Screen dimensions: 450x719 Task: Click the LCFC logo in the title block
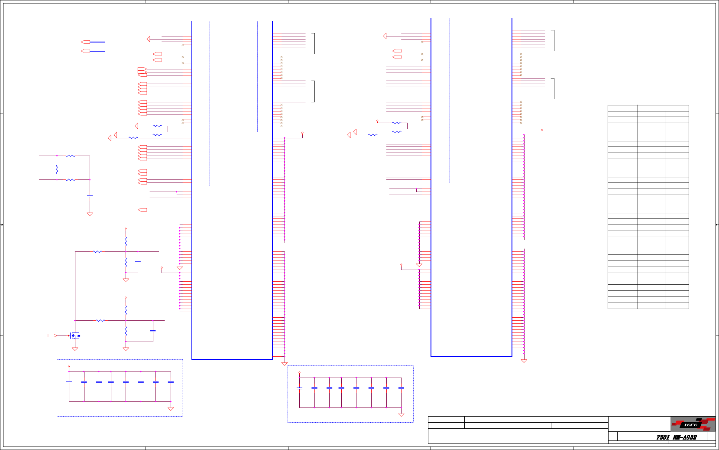pos(692,424)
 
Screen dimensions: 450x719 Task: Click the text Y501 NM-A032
pos(676,437)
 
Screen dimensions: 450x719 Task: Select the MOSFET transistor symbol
pos(75,336)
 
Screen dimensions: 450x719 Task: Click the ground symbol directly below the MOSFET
pos(75,349)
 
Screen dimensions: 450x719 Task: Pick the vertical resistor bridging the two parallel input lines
pos(57,168)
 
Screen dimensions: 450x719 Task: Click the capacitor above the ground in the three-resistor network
pos(90,196)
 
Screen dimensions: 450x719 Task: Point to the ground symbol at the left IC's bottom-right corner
pos(284,364)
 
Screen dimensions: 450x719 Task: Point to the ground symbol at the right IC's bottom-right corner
pos(524,361)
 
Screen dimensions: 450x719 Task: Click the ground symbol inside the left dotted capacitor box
pos(171,408)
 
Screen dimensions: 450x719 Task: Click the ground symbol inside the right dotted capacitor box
pos(401,414)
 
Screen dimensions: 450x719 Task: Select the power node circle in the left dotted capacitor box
pos(69,367)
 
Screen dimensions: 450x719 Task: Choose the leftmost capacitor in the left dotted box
pos(69,382)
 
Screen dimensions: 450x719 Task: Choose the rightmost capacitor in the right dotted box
pos(401,388)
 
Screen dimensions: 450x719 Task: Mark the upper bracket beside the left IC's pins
pos(313,43)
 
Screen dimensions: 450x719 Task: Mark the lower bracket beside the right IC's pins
pos(553,88)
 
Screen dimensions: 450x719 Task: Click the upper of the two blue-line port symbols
pos(86,42)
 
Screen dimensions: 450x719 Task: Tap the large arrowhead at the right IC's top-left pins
pos(385,36)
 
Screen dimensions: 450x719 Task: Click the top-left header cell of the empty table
pos(622,108)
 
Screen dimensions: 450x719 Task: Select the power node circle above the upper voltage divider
pos(126,228)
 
